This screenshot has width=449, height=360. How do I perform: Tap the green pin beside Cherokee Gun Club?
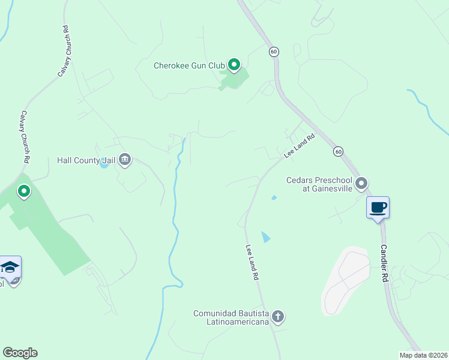(x=234, y=64)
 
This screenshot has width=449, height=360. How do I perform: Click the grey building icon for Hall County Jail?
(x=125, y=160)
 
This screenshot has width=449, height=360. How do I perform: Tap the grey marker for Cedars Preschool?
(x=361, y=182)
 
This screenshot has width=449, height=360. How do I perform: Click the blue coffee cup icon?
(x=378, y=208)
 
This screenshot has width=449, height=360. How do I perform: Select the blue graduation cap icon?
(x=10, y=266)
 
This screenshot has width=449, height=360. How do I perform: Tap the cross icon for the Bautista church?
(x=277, y=316)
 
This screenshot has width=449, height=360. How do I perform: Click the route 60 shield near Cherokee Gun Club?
(x=274, y=52)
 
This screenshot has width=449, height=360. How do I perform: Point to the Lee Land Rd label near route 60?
(x=299, y=145)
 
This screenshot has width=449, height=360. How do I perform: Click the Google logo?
(x=20, y=353)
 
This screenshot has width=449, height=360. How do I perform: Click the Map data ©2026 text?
(x=423, y=355)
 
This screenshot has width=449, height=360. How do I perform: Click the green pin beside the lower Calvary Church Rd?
(x=24, y=191)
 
